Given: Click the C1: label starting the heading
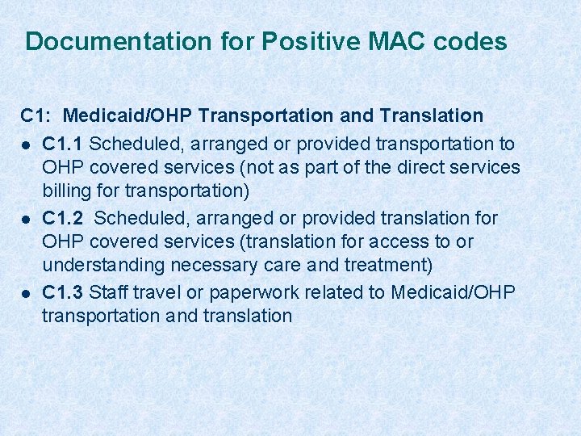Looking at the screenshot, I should [36, 116].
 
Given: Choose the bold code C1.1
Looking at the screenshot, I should [63, 144].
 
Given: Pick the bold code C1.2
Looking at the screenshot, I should [63, 218].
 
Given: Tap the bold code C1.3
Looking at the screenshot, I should [63, 291].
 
